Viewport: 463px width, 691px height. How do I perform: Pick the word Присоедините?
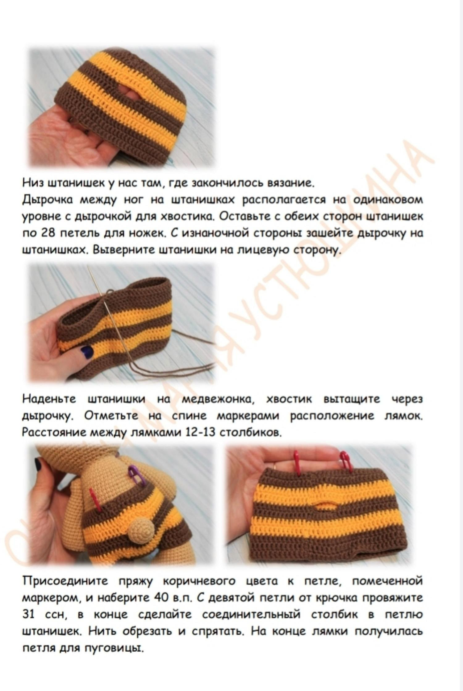(x=65, y=582)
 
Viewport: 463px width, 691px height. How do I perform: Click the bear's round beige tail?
(x=139, y=530)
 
